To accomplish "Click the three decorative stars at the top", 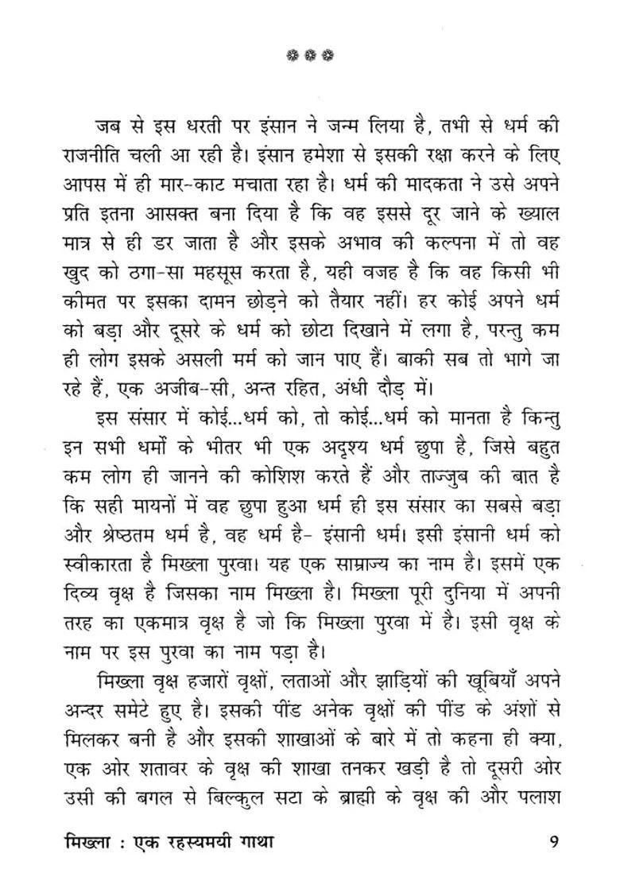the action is point(308,56).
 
